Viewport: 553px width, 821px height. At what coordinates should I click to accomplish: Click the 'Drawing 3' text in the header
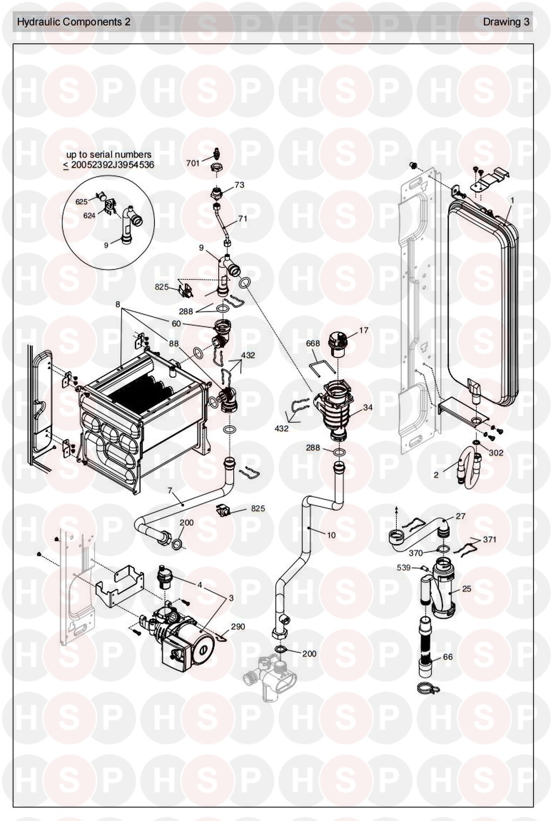[505, 22]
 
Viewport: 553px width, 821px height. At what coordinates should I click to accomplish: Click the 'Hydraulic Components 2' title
[73, 22]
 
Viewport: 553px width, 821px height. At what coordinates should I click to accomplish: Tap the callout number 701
[193, 163]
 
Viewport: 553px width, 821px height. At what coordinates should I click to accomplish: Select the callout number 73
[239, 185]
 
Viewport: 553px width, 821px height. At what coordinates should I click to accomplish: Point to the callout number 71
[242, 219]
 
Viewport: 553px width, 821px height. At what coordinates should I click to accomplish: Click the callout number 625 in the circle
[82, 202]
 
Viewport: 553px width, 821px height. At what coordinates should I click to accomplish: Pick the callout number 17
[363, 330]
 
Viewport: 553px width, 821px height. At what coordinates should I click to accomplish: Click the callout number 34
[368, 408]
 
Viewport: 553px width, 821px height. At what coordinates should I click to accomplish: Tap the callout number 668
[313, 343]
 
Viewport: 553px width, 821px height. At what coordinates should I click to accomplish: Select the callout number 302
[496, 452]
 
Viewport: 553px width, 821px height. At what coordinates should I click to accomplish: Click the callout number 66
[448, 657]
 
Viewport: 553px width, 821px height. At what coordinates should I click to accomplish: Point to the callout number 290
[238, 626]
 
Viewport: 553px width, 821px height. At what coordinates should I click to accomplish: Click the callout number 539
[404, 568]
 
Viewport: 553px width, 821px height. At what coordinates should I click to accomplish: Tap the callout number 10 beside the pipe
[331, 535]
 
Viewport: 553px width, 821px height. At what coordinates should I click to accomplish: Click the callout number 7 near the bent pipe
[170, 491]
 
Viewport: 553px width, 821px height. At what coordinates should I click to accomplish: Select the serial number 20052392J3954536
[112, 165]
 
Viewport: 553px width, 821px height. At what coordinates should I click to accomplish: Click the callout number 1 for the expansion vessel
[512, 200]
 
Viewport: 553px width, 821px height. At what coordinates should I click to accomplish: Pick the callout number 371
[489, 539]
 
